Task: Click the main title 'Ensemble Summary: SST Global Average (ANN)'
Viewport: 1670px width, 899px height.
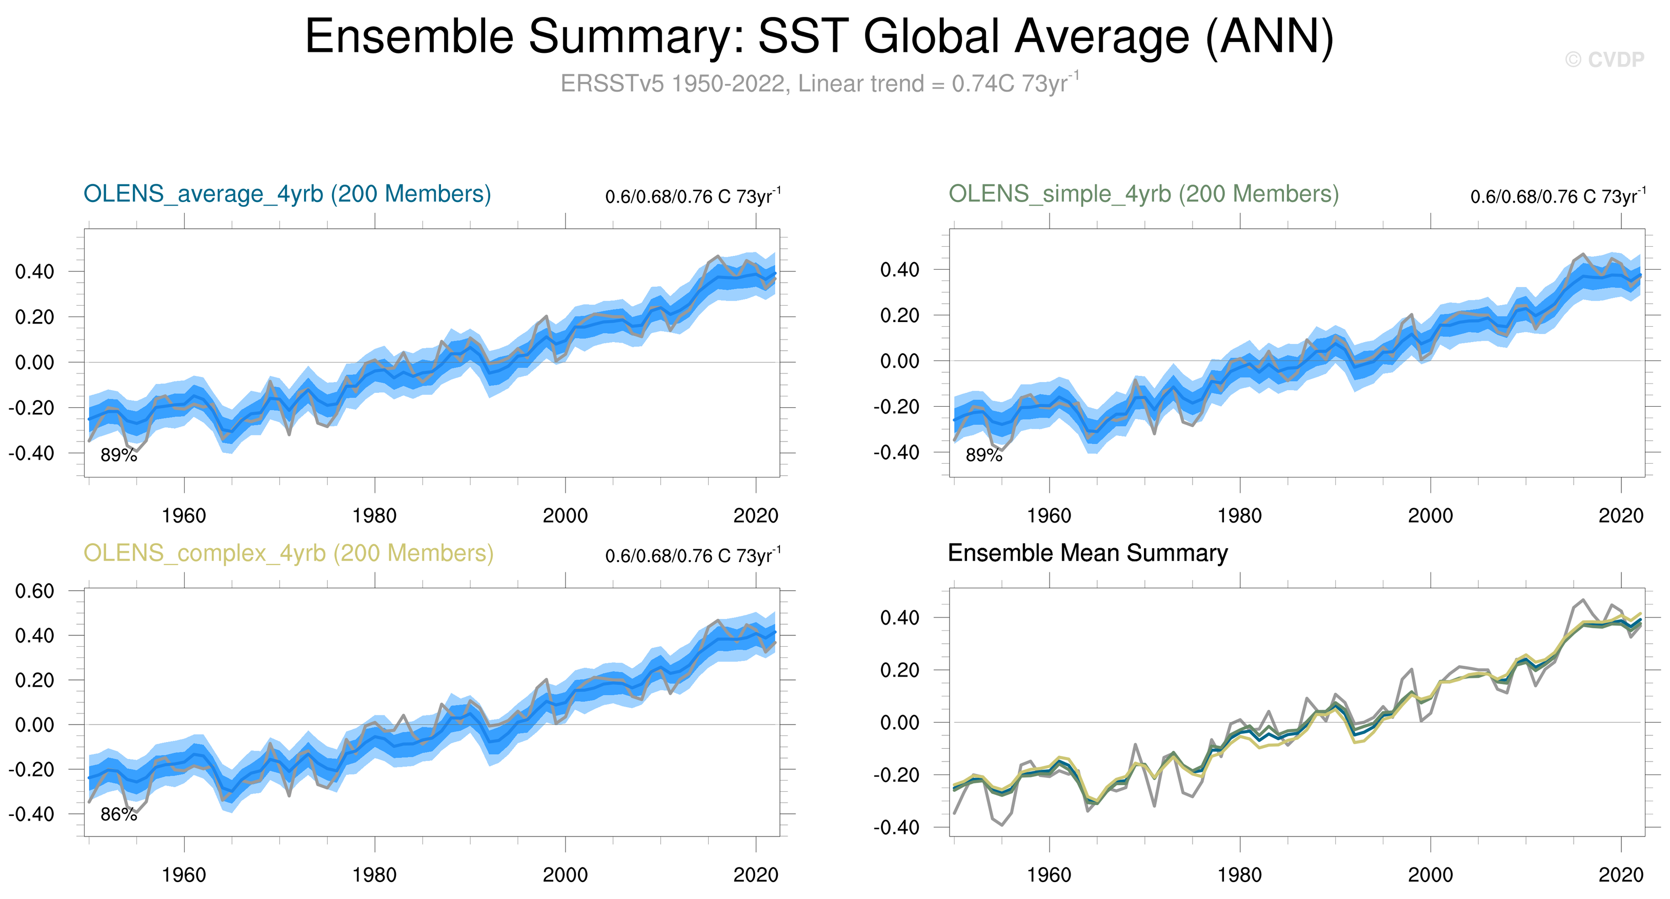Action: point(819,36)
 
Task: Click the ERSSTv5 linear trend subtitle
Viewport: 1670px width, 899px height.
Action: point(819,84)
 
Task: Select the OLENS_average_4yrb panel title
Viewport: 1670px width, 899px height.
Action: point(287,194)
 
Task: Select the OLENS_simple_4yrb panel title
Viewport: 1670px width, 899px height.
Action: point(1143,194)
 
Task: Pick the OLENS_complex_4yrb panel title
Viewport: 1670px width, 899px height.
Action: point(289,553)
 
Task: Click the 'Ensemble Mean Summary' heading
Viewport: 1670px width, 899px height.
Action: point(1087,553)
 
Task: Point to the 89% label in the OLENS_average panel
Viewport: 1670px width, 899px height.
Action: point(118,455)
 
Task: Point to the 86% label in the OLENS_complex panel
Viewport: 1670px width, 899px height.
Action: point(118,815)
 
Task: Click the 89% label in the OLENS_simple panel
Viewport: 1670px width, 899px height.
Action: point(983,455)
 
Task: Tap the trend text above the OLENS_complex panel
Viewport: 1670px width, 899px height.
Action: point(692,555)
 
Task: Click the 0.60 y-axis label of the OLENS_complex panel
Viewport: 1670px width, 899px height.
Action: point(34,591)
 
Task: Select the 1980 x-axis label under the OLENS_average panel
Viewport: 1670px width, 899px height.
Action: point(374,516)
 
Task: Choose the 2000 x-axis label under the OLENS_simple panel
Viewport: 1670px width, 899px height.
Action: point(1430,516)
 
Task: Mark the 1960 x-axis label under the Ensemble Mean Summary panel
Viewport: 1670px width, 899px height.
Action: point(1049,875)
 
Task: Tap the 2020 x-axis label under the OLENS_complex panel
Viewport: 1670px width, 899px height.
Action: point(755,875)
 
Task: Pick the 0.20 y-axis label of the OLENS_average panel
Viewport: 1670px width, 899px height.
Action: point(34,317)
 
